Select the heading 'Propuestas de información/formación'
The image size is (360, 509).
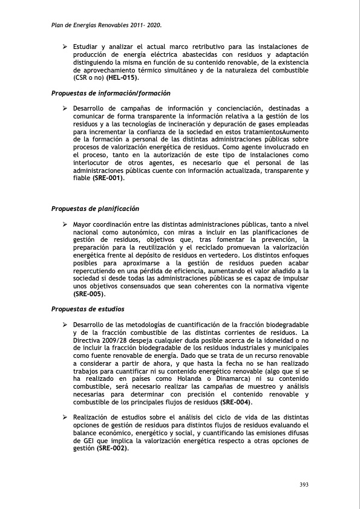click(x=110, y=93)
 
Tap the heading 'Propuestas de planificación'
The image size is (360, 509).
click(x=95, y=209)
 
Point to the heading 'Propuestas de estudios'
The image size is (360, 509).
click(x=87, y=309)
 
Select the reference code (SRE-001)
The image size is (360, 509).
click(x=108, y=178)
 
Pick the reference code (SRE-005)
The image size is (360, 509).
click(x=88, y=294)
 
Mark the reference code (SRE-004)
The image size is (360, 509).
click(x=236, y=402)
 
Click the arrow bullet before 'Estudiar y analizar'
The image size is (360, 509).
click(x=65, y=47)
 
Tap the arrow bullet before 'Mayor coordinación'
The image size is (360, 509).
click(x=65, y=224)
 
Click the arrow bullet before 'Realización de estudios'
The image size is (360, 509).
click(x=65, y=417)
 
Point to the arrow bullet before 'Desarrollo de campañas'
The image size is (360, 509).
click(x=65, y=108)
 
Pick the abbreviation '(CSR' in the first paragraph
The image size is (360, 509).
click(x=82, y=78)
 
